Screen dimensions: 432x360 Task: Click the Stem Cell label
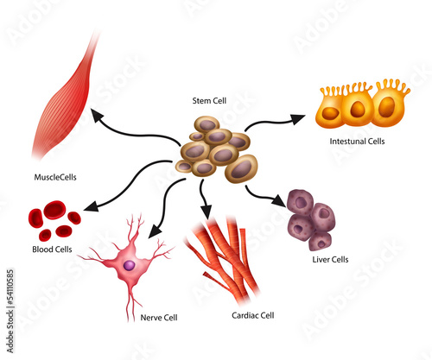209,101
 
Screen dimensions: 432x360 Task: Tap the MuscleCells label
55,177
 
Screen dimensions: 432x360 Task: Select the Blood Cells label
52,249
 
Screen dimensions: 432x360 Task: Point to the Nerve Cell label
159,318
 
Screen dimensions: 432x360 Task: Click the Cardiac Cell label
253,315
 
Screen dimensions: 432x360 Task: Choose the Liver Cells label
330,260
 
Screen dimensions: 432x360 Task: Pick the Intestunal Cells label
357,142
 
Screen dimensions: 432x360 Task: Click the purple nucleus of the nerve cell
130,265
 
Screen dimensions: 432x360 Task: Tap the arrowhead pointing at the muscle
97,114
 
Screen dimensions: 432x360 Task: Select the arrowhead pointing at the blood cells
91,206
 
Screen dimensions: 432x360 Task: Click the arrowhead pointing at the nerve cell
155,231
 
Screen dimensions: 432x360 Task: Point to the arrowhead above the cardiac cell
206,212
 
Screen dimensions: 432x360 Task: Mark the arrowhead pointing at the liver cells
279,200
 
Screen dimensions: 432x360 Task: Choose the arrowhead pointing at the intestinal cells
298,119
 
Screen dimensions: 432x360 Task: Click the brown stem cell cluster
217,149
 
